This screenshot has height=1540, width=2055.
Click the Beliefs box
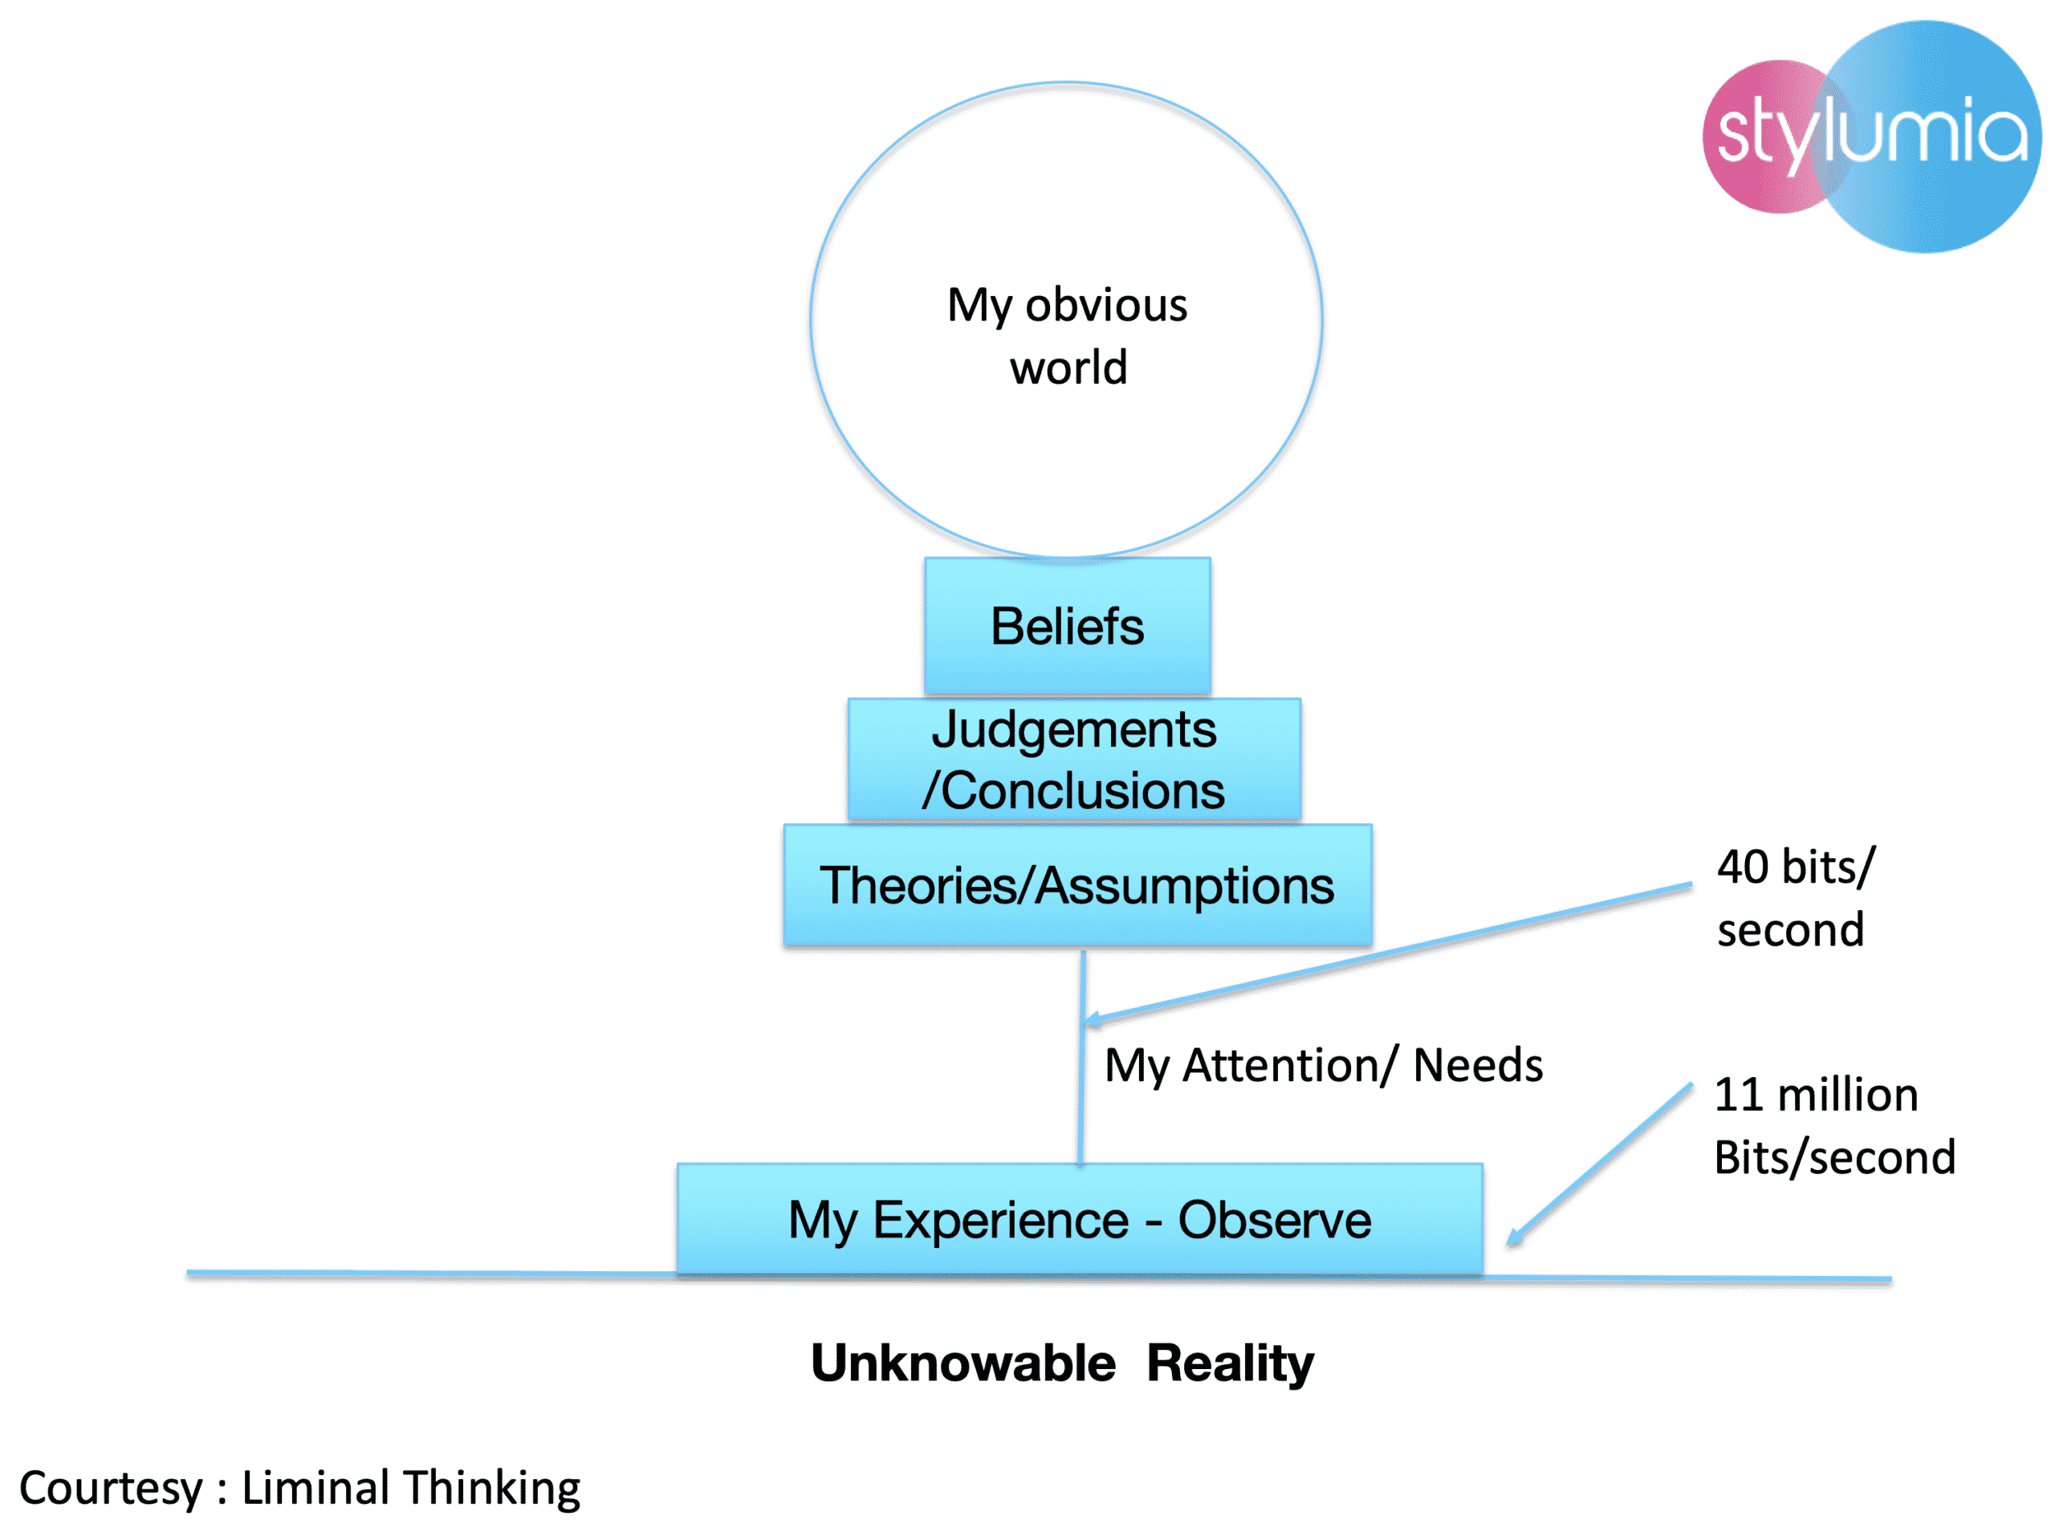1067,625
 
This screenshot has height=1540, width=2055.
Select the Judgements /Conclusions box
1074,759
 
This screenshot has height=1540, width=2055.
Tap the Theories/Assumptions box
1076,885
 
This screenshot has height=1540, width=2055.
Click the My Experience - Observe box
1080,1219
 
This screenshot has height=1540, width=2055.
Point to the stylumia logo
1871,136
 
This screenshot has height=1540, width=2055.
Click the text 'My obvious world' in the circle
1068,335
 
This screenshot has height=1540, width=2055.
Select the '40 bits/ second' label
1794,897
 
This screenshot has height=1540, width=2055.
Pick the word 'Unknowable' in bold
962,1363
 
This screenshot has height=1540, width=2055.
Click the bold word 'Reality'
1229,1363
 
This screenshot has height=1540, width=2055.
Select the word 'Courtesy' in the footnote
111,1488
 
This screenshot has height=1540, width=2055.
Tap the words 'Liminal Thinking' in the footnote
411,1487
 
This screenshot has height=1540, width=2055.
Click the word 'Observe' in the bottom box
1274,1219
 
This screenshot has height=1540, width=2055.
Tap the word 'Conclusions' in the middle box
1082,790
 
